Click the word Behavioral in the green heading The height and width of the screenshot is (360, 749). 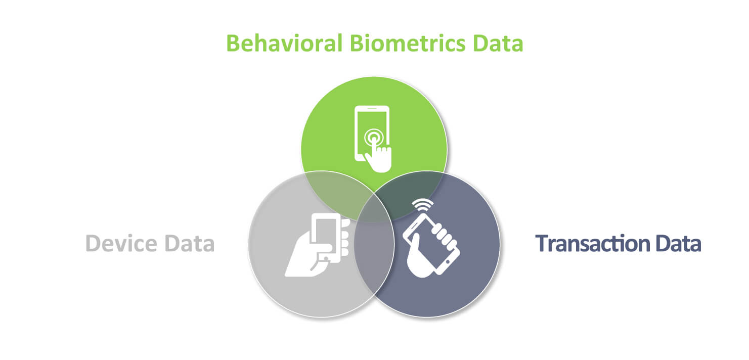[285, 43]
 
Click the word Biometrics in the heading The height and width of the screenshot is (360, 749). [408, 43]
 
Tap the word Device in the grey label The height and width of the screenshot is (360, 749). [121, 243]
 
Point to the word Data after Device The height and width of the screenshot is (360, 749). [189, 243]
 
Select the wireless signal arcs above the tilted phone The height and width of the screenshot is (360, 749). [423, 205]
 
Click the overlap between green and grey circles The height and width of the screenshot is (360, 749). [338, 191]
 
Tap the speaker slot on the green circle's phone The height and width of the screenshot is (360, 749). [372, 109]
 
